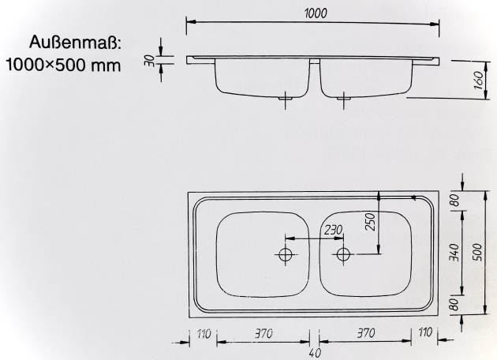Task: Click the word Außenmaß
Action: coord(76,42)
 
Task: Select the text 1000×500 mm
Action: coord(63,64)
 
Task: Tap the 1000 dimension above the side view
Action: coord(314,14)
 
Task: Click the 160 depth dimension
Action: coord(477,81)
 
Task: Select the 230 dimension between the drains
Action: coord(333,230)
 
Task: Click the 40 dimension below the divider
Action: coord(314,353)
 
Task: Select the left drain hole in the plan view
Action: coord(286,255)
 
